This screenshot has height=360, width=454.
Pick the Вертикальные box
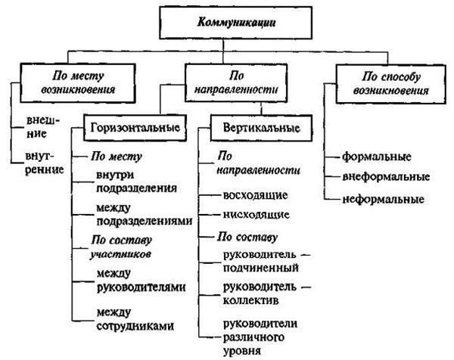pos(255,128)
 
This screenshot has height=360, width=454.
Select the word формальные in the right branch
pos(376,158)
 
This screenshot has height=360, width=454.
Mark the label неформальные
pos(381,200)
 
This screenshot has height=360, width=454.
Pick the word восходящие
pos(250,196)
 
